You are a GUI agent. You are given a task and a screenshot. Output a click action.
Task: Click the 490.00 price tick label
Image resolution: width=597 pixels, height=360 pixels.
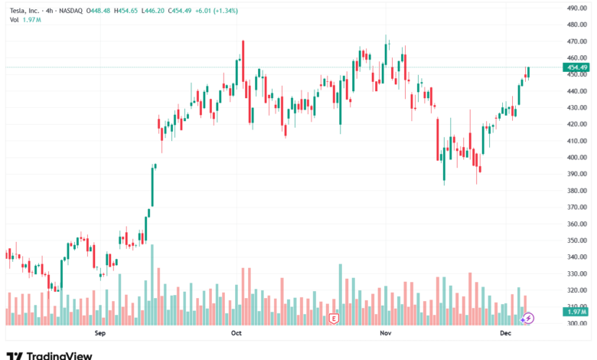click(x=576, y=8)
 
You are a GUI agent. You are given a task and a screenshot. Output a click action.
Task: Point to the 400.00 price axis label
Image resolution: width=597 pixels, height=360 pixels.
click(x=576, y=157)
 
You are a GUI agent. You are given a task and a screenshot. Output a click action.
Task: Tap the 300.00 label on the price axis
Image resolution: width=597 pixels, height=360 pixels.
click(x=576, y=323)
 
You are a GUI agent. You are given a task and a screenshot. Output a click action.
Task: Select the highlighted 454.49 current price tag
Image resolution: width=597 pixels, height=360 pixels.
click(x=576, y=67)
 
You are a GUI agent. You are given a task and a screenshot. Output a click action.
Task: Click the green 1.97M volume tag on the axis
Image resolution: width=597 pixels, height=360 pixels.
click(x=577, y=311)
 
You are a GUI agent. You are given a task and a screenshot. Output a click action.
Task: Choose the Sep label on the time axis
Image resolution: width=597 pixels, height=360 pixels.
click(x=99, y=333)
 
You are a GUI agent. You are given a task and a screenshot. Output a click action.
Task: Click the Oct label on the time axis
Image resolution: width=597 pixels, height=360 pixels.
click(x=236, y=333)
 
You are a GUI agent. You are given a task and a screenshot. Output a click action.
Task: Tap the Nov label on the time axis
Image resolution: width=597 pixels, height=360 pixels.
click(x=386, y=333)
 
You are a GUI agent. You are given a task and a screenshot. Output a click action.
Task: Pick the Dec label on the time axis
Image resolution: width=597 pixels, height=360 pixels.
click(x=506, y=333)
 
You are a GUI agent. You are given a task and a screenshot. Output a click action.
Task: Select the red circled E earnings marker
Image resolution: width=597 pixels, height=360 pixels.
click(x=334, y=318)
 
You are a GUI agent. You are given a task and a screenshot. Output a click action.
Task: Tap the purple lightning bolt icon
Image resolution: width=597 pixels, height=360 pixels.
click(x=528, y=317)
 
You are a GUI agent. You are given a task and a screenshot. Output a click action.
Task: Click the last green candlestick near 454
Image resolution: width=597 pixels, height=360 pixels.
click(x=527, y=73)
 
